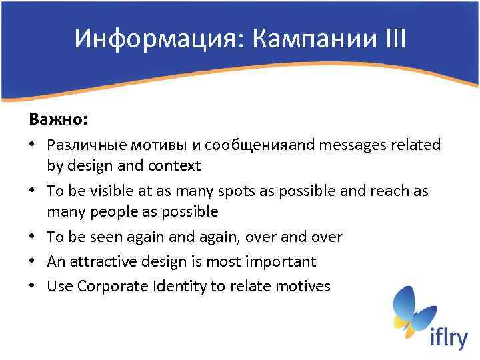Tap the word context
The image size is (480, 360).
tap(175, 165)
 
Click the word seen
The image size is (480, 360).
tap(112, 237)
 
